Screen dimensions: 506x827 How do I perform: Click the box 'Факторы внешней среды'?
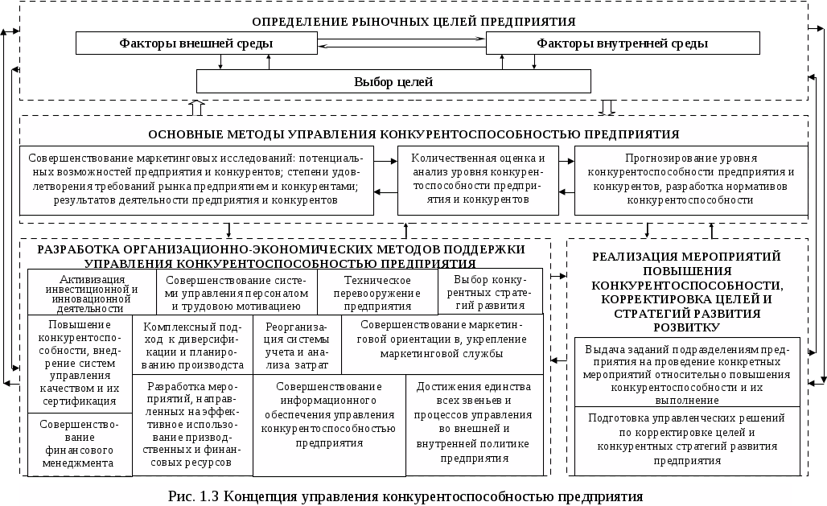(x=196, y=43)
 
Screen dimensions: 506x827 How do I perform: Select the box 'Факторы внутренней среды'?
(x=622, y=43)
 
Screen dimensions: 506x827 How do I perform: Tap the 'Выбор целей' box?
(x=393, y=81)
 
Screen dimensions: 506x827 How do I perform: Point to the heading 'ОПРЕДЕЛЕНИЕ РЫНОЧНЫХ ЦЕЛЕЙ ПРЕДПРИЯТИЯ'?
(x=413, y=21)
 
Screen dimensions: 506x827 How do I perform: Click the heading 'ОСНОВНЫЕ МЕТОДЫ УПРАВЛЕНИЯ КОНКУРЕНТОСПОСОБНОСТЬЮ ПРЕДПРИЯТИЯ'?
(x=413, y=134)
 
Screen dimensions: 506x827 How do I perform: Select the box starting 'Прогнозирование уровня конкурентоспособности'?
(x=690, y=179)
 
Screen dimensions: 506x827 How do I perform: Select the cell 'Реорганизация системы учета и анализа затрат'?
(x=297, y=344)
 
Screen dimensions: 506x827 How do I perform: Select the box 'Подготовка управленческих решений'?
(x=687, y=440)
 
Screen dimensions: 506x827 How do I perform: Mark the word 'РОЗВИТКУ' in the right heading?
(x=686, y=328)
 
